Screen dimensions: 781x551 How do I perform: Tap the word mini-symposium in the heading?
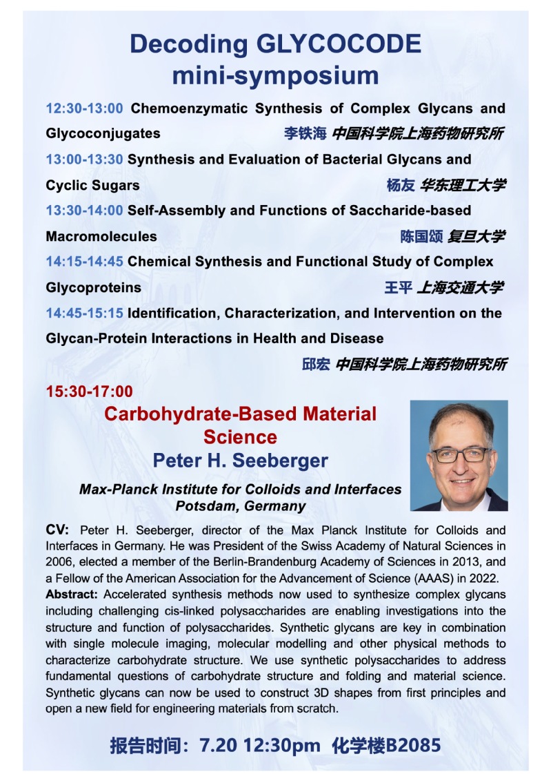pyautogui.click(x=275, y=75)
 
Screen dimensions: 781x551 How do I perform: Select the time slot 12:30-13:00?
pyautogui.click(x=85, y=108)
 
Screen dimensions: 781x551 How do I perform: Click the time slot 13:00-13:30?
pyautogui.click(x=85, y=160)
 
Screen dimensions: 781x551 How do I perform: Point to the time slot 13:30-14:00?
pyautogui.click(x=85, y=210)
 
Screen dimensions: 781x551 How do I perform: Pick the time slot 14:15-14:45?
pyautogui.click(x=85, y=262)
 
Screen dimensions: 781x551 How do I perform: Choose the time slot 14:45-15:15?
pyautogui.click(x=85, y=313)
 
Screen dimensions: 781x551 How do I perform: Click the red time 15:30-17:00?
pyautogui.click(x=89, y=392)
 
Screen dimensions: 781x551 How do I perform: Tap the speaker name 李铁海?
pyautogui.click(x=305, y=133)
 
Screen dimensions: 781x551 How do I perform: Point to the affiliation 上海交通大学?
pyautogui.click(x=460, y=287)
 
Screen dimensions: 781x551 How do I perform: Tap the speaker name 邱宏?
pyautogui.click(x=316, y=364)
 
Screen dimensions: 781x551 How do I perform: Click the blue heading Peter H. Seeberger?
pyautogui.click(x=240, y=461)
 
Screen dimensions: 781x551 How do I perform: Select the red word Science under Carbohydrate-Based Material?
pyautogui.click(x=240, y=437)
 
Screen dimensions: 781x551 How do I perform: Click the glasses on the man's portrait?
pyautogui.click(x=460, y=454)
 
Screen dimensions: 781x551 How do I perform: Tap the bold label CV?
pyautogui.click(x=57, y=530)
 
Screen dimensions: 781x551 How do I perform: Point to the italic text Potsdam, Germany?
pyautogui.click(x=240, y=505)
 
